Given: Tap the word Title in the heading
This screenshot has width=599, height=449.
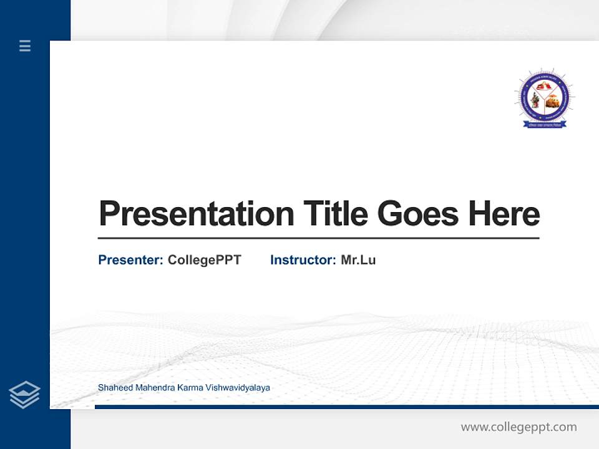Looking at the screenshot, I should tap(335, 214).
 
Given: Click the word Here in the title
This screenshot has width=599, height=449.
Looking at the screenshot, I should tap(504, 214).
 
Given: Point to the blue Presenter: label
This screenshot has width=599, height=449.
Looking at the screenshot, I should tap(130, 260).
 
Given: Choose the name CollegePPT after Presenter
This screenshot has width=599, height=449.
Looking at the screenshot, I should tap(204, 260).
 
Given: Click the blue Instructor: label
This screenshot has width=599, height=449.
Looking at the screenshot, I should tap(303, 260).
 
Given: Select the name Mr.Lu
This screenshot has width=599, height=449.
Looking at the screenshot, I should tap(358, 260).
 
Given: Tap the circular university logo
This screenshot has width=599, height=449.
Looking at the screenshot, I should tap(544, 98).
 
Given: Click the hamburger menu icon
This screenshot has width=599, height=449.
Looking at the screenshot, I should tap(25, 46).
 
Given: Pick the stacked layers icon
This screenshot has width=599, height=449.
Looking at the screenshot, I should tap(24, 395).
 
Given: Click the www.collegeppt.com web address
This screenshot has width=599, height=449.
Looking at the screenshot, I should tap(519, 427).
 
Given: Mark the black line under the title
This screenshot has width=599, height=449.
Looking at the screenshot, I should tap(318, 238).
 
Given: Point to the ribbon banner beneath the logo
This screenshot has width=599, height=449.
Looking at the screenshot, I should tap(544, 125).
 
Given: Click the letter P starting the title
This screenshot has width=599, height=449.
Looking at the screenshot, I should tap(109, 214).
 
